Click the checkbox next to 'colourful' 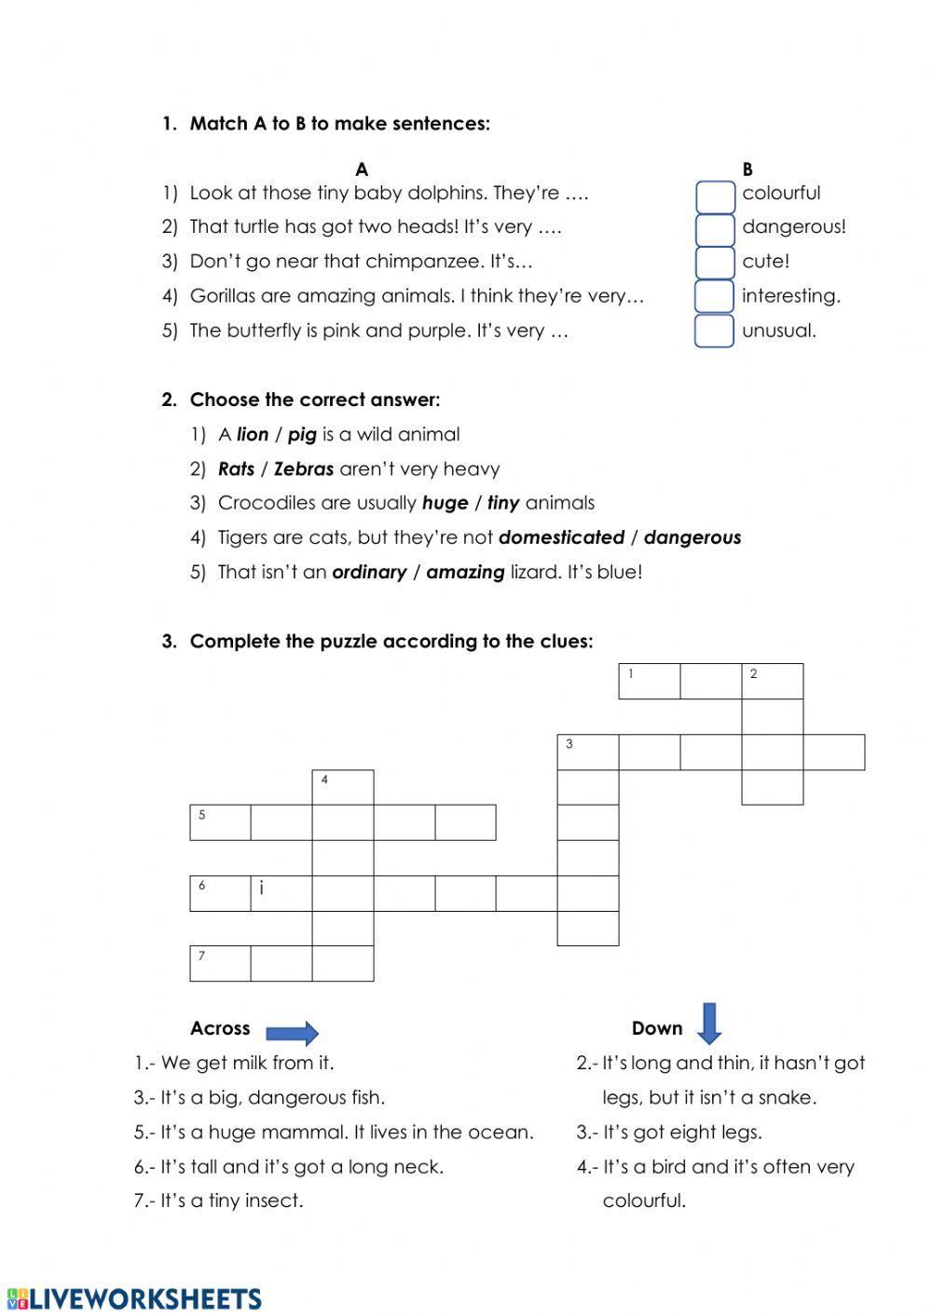click(x=715, y=196)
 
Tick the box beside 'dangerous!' click(x=715, y=229)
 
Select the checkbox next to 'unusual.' click(x=715, y=331)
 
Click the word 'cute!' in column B click(x=765, y=262)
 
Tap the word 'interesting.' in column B click(x=790, y=296)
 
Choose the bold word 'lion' click(x=253, y=435)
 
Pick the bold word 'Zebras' click(x=304, y=469)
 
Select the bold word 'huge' click(x=445, y=504)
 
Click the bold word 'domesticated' click(x=561, y=538)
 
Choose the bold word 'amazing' click(x=465, y=573)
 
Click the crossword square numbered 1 click(x=649, y=681)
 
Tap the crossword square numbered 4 click(x=342, y=787)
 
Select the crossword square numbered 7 click(x=220, y=963)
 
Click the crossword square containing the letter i click(x=281, y=892)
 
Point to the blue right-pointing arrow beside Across click(x=292, y=1032)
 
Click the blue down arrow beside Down click(x=709, y=1023)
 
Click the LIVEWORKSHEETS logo click(x=134, y=1299)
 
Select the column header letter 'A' click(x=362, y=170)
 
